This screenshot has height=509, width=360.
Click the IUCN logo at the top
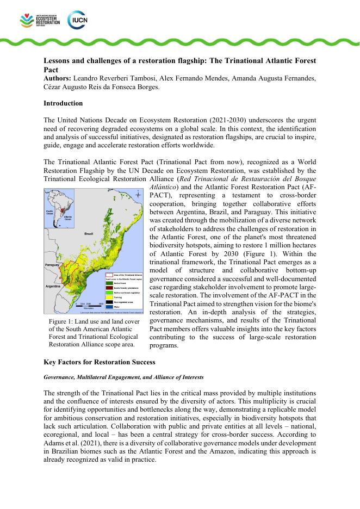(77, 20)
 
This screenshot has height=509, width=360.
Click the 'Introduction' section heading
(63, 103)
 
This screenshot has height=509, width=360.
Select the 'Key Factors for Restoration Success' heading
(100, 362)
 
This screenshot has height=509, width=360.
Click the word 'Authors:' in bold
(58, 79)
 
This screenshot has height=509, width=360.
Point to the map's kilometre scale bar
(90, 305)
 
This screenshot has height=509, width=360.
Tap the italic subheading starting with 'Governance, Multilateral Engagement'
(123, 377)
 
